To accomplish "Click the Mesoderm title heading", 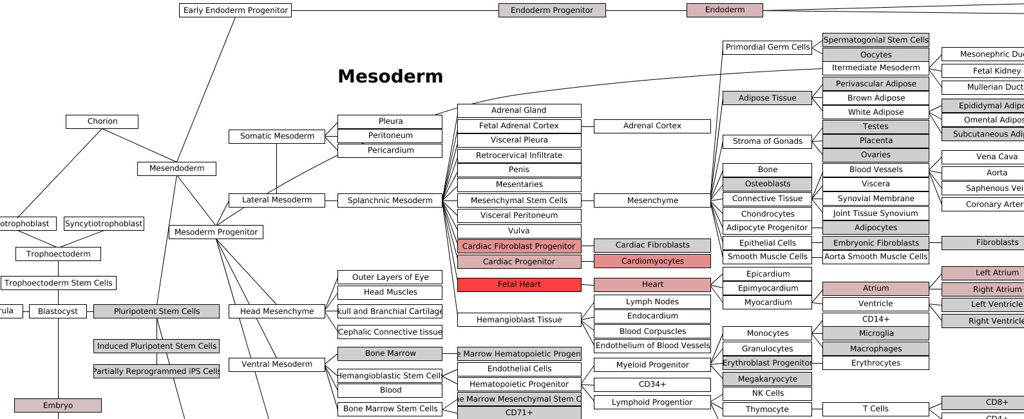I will (390, 76).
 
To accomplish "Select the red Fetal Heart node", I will (519, 284).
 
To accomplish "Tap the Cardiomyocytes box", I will (652, 261).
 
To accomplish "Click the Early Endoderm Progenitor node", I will (235, 10).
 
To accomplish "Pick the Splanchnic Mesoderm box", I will (390, 200).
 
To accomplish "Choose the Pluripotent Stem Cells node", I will (156, 311).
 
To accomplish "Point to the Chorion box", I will (102, 121).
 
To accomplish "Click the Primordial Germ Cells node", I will (767, 47).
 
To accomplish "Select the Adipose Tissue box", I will (767, 98).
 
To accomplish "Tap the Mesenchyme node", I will (652, 200).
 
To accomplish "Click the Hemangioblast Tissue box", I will (519, 320).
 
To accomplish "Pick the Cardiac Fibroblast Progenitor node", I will (518, 246).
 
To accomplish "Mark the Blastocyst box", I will (58, 311).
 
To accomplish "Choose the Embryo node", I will (58, 405).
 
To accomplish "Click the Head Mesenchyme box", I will (277, 311).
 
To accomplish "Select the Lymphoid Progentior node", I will (652, 402).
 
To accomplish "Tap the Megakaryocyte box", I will (767, 379).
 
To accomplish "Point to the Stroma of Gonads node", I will (767, 141).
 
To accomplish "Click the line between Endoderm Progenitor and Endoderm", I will (647, 10).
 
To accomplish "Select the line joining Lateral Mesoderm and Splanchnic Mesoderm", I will (331, 200).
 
